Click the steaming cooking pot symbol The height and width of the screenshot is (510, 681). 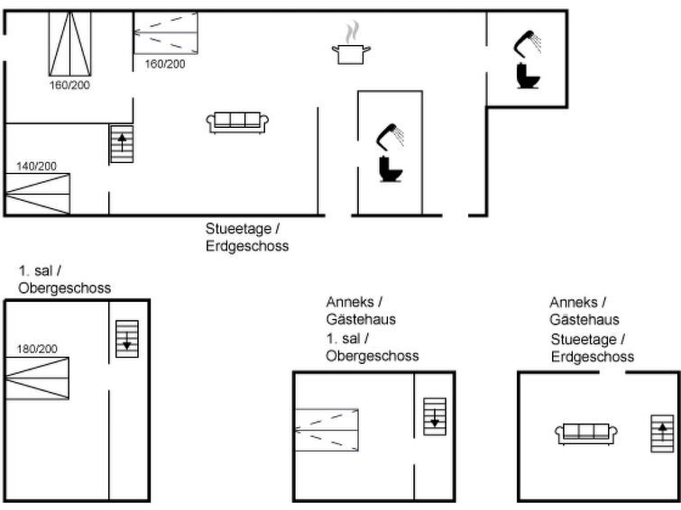(x=352, y=43)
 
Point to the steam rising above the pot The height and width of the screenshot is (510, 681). (x=353, y=32)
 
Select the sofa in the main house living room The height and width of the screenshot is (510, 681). (x=237, y=123)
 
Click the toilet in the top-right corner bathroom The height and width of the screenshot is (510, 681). (x=529, y=76)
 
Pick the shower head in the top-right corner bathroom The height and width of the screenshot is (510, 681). (x=528, y=44)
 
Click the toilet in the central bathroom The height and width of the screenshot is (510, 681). (x=391, y=168)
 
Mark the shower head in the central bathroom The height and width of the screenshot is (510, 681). (x=390, y=137)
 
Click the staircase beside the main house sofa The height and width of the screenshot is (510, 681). (x=122, y=144)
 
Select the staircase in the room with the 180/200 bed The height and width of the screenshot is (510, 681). (x=127, y=339)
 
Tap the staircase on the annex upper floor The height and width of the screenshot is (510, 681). (x=435, y=416)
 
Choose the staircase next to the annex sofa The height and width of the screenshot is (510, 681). (x=662, y=433)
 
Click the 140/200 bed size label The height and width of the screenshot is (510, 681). (x=36, y=166)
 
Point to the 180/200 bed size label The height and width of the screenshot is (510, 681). (x=37, y=349)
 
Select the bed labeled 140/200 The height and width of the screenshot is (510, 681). (x=37, y=194)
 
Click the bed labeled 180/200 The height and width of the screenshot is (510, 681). (x=37, y=378)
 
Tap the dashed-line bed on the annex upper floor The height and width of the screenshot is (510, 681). (x=327, y=430)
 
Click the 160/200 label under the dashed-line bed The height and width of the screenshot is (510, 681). (x=165, y=64)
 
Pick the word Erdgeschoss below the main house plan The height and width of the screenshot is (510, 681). (x=247, y=246)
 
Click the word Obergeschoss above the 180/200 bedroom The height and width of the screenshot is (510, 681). (x=65, y=288)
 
